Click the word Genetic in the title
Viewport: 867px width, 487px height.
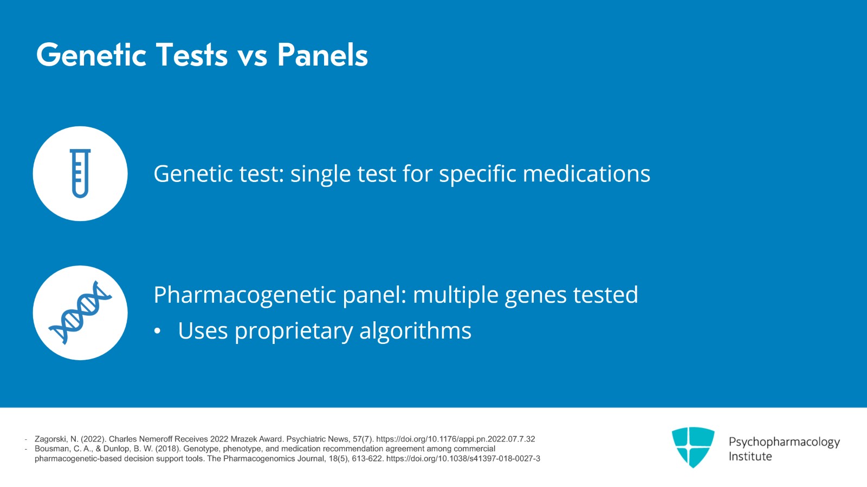[x=91, y=55]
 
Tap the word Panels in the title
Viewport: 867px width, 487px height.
[x=322, y=55]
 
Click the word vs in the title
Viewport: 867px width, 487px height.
[x=253, y=56]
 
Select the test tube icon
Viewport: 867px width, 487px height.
[x=80, y=173]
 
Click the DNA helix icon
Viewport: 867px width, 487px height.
[x=80, y=313]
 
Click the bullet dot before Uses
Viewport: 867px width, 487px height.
[x=157, y=332]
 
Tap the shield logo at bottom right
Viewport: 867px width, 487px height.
[x=693, y=447]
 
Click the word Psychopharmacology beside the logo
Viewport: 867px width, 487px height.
[x=784, y=442]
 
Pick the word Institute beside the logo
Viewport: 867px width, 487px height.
[x=750, y=456]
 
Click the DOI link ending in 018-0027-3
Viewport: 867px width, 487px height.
[x=463, y=458]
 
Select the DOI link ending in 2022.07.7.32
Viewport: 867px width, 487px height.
[x=455, y=439]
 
